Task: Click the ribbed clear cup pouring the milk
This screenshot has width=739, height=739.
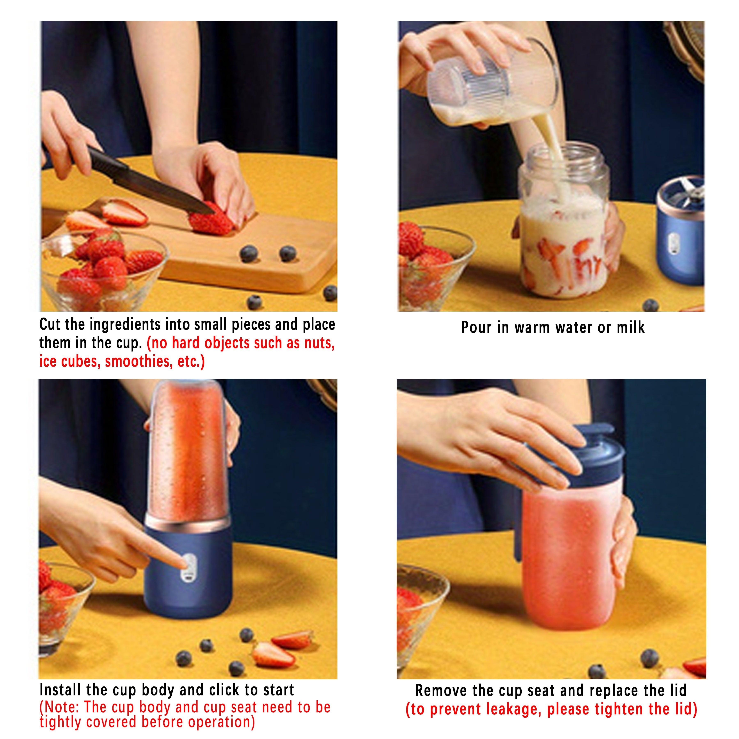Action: click(x=493, y=84)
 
